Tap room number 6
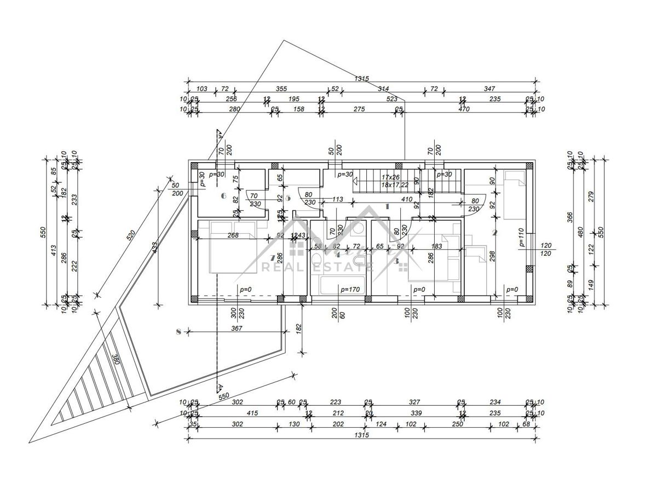click(x=223, y=195)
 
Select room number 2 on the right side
click(x=494, y=232)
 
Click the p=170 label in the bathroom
click(x=349, y=290)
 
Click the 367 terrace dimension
click(x=237, y=329)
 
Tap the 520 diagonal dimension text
click(x=130, y=236)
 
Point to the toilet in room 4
click(x=317, y=258)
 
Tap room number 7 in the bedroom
click(x=273, y=257)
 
